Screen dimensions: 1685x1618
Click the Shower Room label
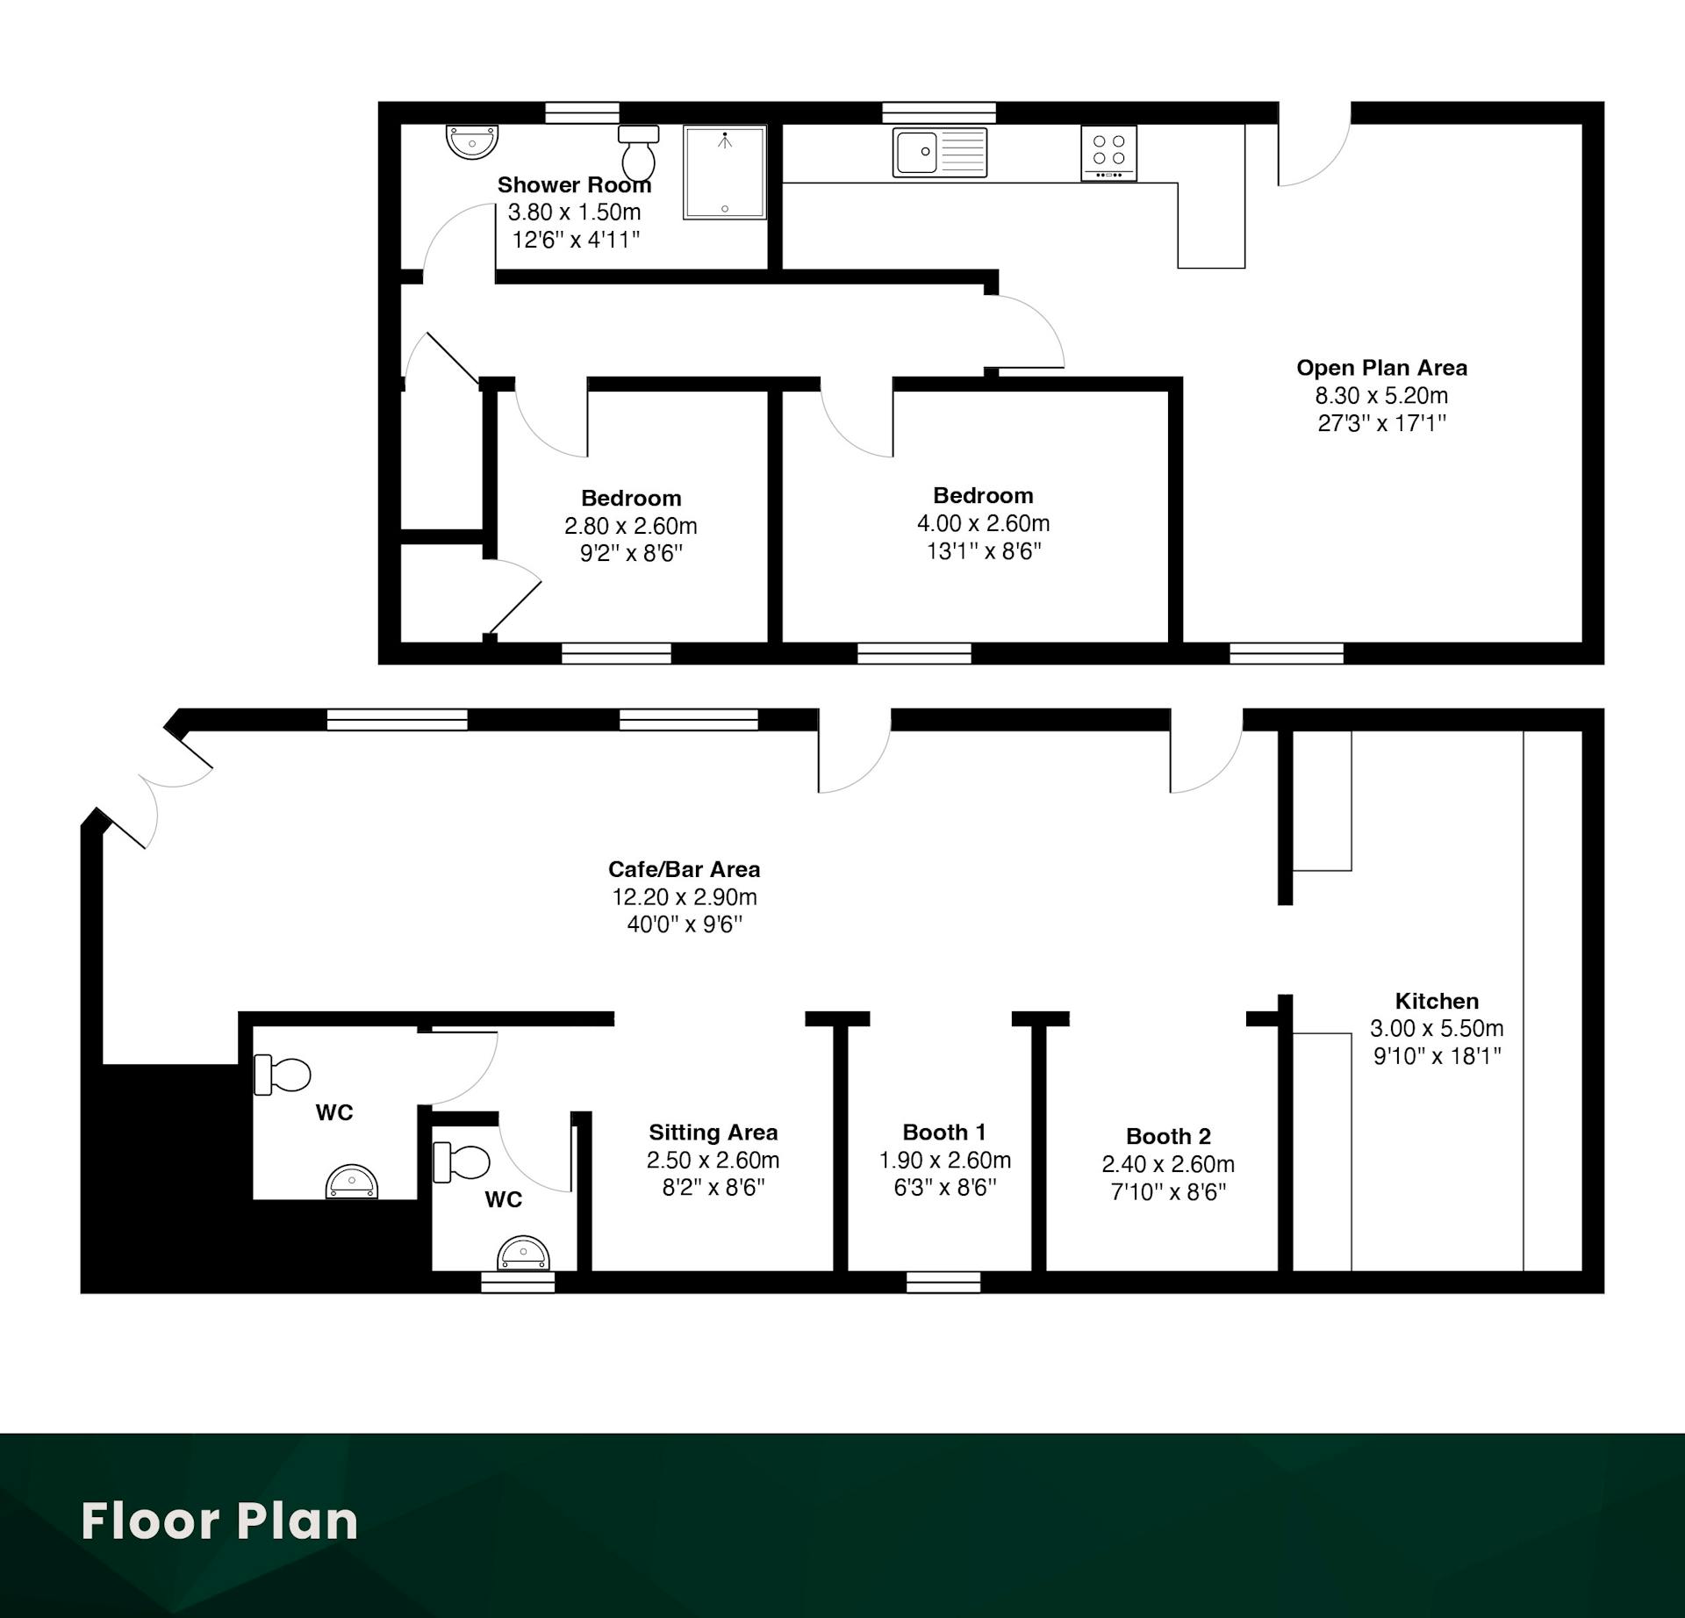(x=574, y=185)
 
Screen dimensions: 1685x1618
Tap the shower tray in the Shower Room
(x=725, y=172)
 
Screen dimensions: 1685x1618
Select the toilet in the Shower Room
(x=639, y=152)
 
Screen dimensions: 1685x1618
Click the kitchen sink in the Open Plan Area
(x=940, y=153)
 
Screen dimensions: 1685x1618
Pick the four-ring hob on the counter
(x=1109, y=154)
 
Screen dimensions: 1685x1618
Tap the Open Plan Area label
(x=1381, y=368)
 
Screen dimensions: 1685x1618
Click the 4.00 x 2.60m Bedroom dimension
(x=983, y=523)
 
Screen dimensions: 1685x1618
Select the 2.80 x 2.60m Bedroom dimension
(x=631, y=526)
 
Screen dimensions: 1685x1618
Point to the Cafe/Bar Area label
(x=685, y=869)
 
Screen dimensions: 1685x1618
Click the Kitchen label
(x=1437, y=1001)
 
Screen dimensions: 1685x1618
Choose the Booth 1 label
(x=944, y=1133)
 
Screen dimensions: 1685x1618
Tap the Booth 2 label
(x=1168, y=1136)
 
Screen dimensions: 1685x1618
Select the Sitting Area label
(x=713, y=1133)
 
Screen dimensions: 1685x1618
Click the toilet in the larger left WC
(x=283, y=1075)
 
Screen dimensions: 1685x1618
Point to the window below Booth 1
(x=943, y=1283)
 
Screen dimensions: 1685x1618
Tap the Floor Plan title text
(x=219, y=1521)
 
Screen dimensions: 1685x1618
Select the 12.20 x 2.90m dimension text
(x=685, y=897)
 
